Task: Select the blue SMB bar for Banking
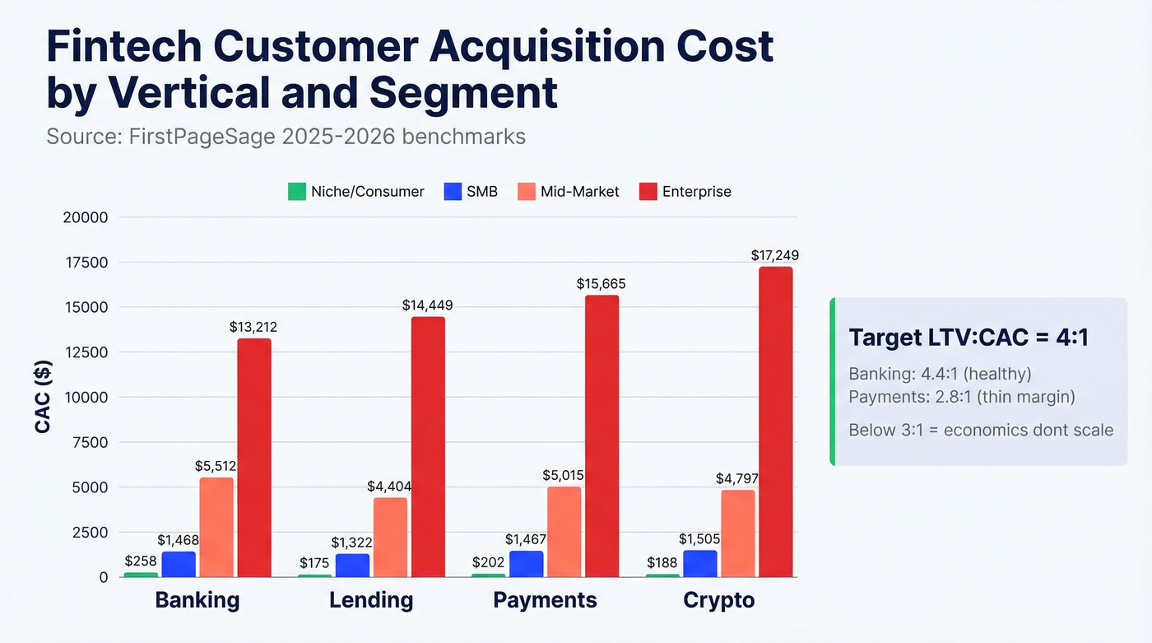click(x=179, y=564)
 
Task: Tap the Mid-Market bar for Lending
click(x=390, y=537)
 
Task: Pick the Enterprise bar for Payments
click(x=602, y=436)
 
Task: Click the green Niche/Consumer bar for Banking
click(x=141, y=574)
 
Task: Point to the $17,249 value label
click(x=774, y=255)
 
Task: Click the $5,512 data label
click(x=216, y=465)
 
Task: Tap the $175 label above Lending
click(x=314, y=562)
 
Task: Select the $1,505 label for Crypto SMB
click(x=699, y=538)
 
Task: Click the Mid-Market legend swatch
click(x=527, y=192)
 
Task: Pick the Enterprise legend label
click(x=696, y=192)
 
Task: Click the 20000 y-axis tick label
click(x=86, y=217)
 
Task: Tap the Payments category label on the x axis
click(x=545, y=599)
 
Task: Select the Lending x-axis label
click(x=371, y=599)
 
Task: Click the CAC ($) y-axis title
click(x=43, y=397)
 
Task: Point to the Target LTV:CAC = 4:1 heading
click(x=969, y=338)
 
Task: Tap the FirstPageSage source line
click(x=286, y=136)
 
